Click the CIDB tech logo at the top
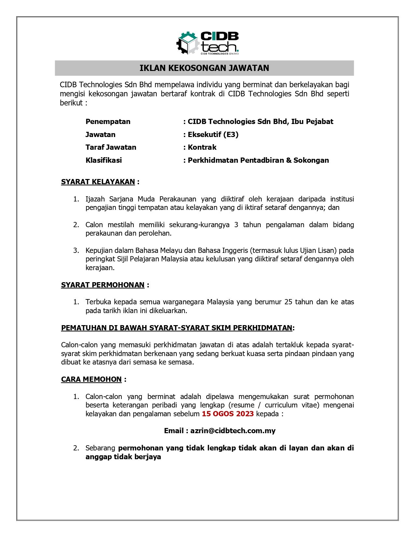[x=208, y=43]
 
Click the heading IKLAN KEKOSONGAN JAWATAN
[x=204, y=68]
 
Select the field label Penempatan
[x=108, y=122]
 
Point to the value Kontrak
[x=202, y=147]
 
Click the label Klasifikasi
[x=104, y=160]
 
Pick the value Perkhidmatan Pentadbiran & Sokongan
[x=258, y=160]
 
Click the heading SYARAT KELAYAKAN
[x=98, y=182]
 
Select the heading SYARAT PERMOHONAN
[x=103, y=285]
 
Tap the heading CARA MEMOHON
[x=91, y=379]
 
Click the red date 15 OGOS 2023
[x=228, y=414]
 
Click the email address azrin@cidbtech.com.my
[x=233, y=431]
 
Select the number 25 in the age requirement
[x=288, y=302]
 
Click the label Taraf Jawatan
[x=111, y=147]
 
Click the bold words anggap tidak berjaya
[x=123, y=457]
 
